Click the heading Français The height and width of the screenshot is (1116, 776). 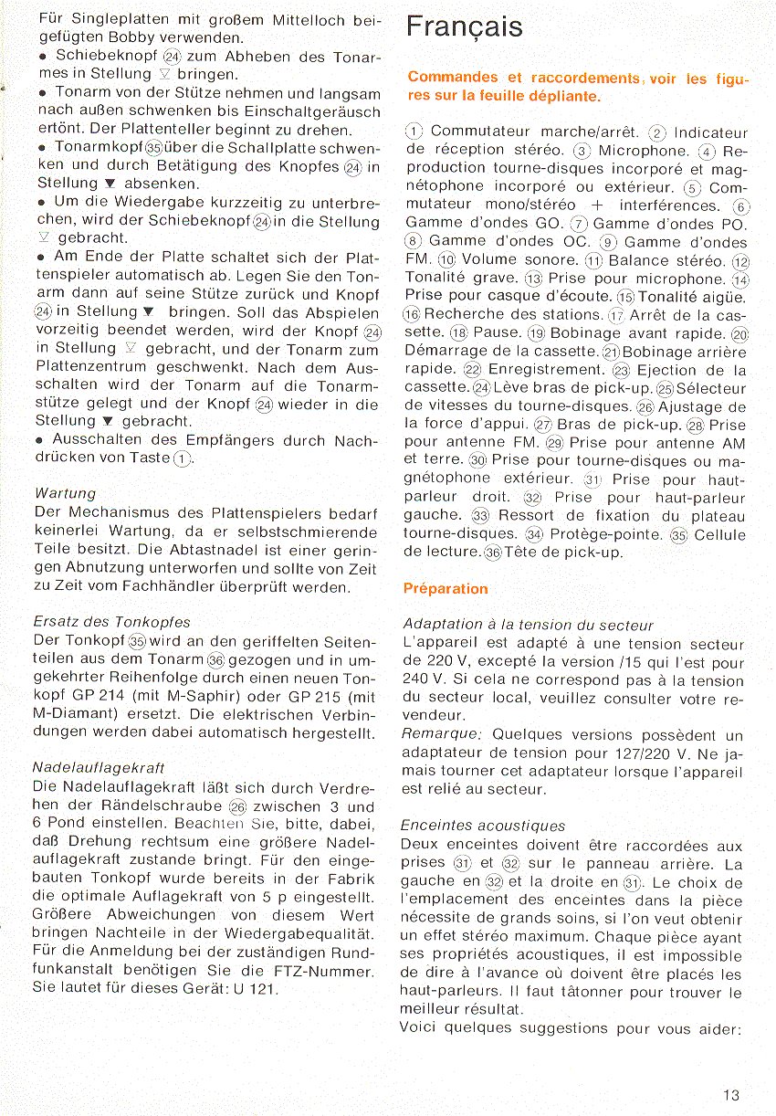pos(465,27)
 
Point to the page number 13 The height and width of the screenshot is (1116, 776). pos(730,1096)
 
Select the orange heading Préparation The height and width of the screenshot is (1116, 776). pos(446,589)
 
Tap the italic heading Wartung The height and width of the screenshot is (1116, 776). pos(65,494)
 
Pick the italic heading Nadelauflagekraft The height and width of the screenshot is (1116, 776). pos(98,768)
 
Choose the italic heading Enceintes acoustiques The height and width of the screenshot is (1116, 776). pos(483,826)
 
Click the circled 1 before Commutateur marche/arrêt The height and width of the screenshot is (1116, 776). pos(414,133)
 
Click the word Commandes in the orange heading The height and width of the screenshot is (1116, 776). pos(453,79)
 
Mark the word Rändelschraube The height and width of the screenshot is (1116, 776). pos(166,806)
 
